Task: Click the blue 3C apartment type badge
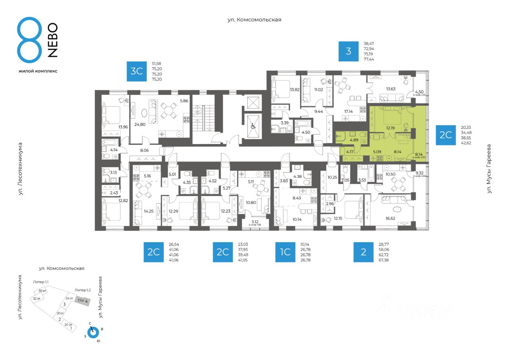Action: point(137,72)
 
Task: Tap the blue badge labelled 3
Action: point(348,51)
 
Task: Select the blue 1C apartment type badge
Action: point(285,252)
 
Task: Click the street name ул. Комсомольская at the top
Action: point(254,19)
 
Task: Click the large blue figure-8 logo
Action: point(29,40)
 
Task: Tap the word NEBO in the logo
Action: point(52,40)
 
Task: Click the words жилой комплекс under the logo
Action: point(38,71)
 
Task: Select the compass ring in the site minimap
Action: point(93,332)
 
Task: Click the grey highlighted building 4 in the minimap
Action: point(83,301)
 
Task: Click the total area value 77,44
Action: point(369,59)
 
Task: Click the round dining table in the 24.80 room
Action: point(169,110)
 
